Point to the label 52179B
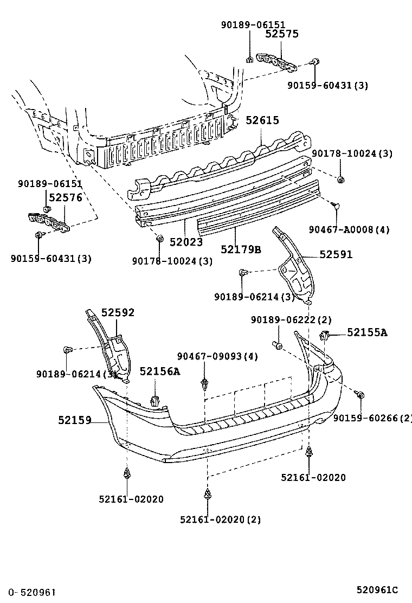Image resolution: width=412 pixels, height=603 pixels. coord(241,249)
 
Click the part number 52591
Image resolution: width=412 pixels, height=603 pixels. coord(336,254)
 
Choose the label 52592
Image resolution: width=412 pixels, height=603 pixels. coord(118,312)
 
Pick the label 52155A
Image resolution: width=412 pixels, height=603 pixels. coord(367,332)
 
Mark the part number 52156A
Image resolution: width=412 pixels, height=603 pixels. coord(159,371)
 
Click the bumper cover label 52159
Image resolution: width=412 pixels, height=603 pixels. coord(74,419)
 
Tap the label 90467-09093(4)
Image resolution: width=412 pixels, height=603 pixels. coord(217,356)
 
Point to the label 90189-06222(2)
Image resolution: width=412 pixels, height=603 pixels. coord(291,320)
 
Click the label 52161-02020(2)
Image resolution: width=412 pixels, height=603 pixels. coord(220,519)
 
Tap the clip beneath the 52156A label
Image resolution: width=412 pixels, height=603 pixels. coord(155,401)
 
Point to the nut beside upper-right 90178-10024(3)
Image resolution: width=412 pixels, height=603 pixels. coord(340,179)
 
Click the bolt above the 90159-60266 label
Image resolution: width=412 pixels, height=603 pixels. coord(360,395)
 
